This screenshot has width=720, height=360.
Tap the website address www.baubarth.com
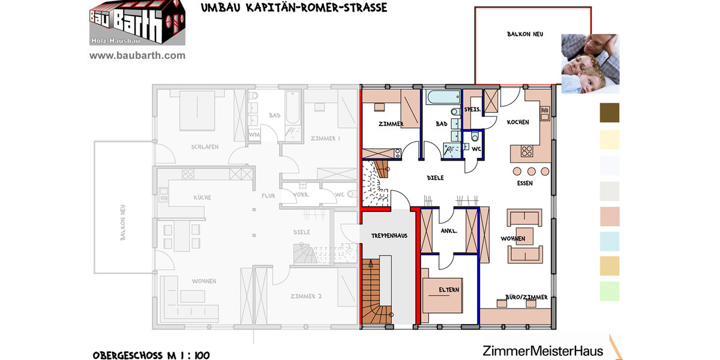pyautogui.click(x=137, y=56)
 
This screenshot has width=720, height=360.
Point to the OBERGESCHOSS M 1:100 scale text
pyautogui.click(x=151, y=355)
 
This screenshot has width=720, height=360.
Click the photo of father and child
pyautogui.click(x=590, y=64)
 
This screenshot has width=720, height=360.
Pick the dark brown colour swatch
pyautogui.click(x=610, y=113)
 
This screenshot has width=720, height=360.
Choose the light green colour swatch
pyautogui.click(x=610, y=291)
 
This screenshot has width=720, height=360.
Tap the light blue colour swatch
pyautogui.click(x=610, y=241)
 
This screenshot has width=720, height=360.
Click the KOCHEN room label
pyautogui.click(x=518, y=122)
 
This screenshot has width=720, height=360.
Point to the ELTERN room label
pyautogui.click(x=449, y=290)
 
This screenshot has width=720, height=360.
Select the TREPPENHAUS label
pyautogui.click(x=389, y=236)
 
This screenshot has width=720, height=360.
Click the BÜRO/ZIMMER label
pyautogui.click(x=518, y=298)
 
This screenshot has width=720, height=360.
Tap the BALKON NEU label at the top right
pyautogui.click(x=525, y=35)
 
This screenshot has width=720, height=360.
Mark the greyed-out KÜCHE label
pyautogui.click(x=202, y=197)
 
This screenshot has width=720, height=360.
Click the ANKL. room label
pyautogui.click(x=449, y=230)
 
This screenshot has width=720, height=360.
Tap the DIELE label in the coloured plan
pyautogui.click(x=435, y=178)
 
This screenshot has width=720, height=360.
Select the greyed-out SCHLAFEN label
pyautogui.click(x=205, y=147)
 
